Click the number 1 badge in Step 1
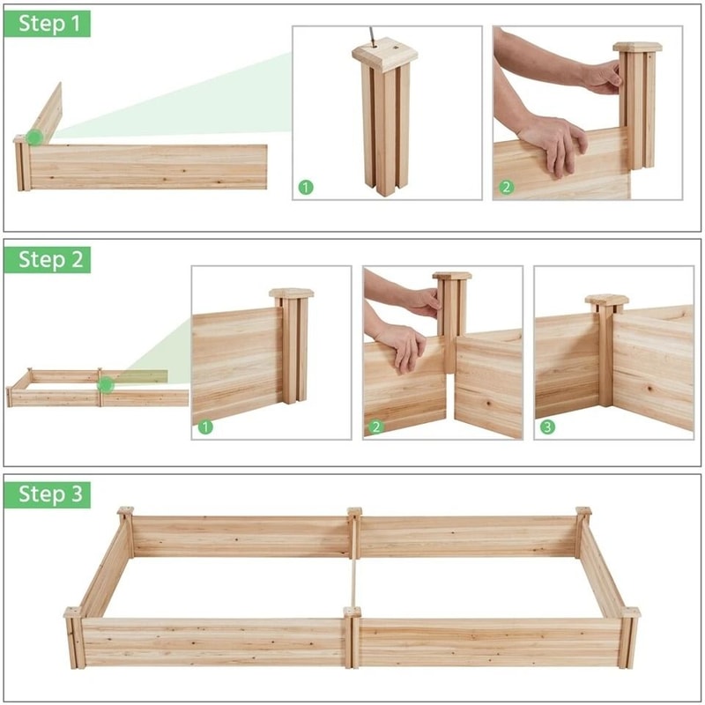click(x=305, y=187)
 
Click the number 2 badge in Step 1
click(x=506, y=187)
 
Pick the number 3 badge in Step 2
click(x=547, y=427)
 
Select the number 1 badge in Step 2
click(x=205, y=427)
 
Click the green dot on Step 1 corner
click(x=33, y=137)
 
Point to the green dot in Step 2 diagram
click(x=106, y=384)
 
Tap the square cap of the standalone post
click(x=385, y=55)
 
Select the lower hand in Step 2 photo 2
click(x=401, y=344)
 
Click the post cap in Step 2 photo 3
click(x=606, y=301)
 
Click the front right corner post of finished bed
click(x=627, y=638)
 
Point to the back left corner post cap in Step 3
click(x=125, y=511)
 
